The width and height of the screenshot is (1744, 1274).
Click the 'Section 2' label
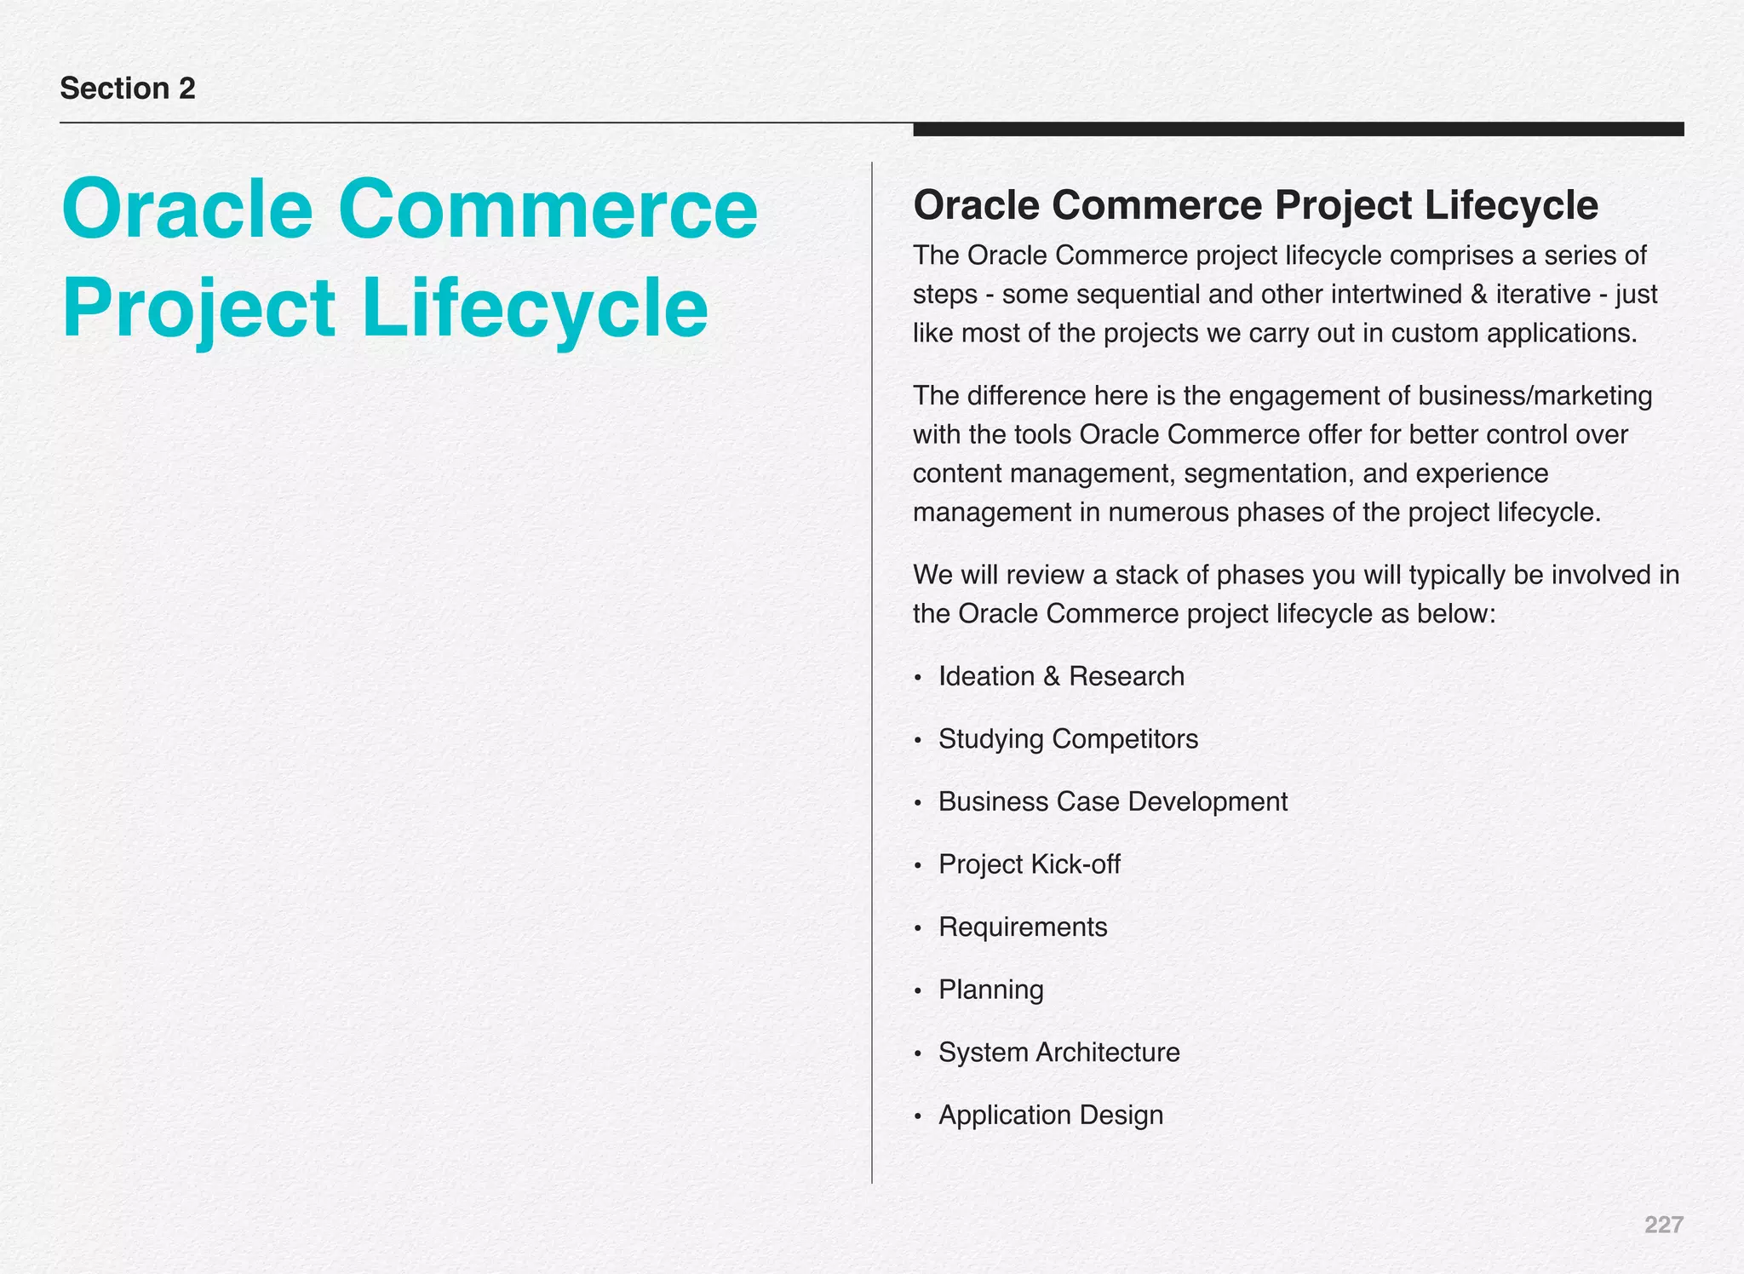[128, 89]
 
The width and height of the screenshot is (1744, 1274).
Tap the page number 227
[1663, 1225]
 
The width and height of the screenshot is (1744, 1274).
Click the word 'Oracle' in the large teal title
[187, 209]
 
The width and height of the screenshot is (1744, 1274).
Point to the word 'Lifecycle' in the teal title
[535, 308]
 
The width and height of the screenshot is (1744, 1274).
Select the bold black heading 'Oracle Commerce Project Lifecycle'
[1255, 205]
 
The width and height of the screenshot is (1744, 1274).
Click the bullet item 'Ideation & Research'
[1061, 676]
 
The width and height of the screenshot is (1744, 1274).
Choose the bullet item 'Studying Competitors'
[1068, 738]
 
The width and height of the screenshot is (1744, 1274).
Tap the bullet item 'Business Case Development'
[1112, 801]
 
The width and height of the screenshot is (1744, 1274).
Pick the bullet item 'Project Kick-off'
[1029, 864]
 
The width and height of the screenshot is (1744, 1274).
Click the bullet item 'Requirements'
[1023, 927]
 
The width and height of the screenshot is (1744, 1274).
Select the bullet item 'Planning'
[990, 990]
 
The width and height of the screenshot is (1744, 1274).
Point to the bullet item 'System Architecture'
[1058, 1053]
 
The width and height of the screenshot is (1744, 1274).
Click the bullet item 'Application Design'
[1050, 1115]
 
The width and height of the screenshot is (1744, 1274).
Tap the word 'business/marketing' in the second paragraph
[1535, 396]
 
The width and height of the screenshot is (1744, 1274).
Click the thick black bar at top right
[1298, 129]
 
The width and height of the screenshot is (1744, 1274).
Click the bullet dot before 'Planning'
[917, 991]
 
